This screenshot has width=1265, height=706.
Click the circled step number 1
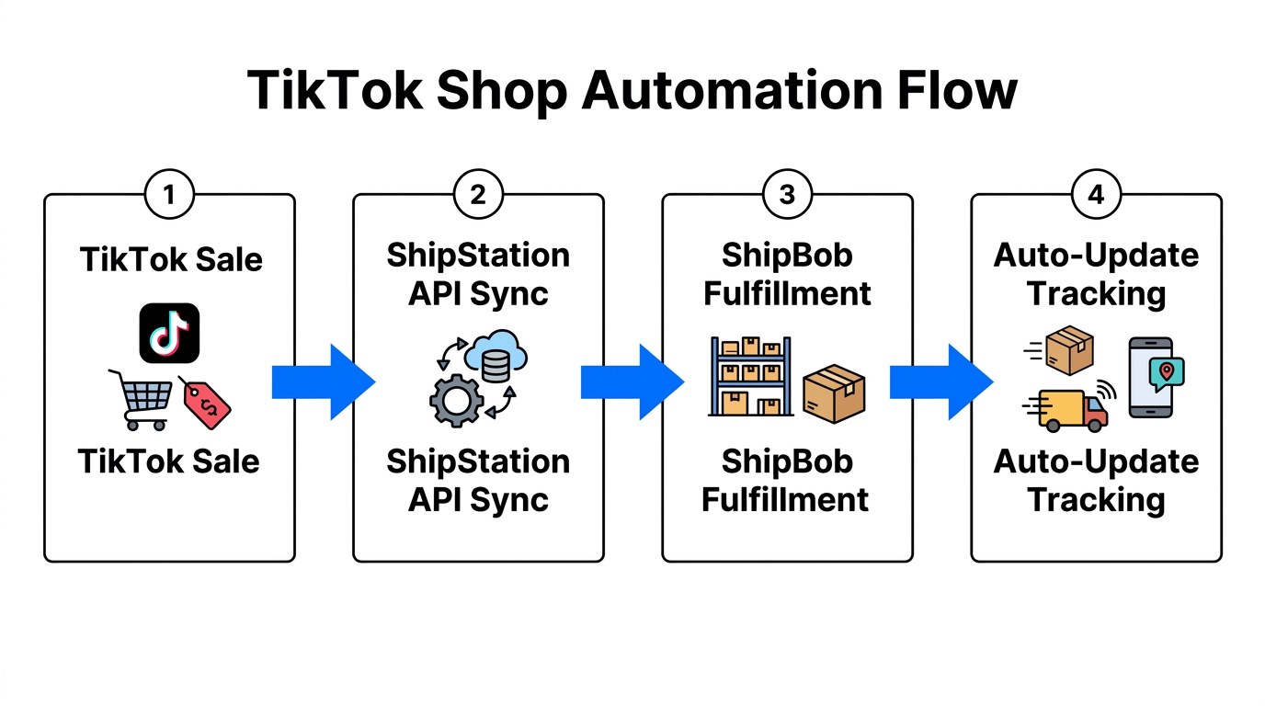[169, 195]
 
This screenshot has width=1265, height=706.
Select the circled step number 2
[478, 195]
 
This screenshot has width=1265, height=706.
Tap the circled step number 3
[787, 195]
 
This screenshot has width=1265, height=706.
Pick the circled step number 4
[1096, 195]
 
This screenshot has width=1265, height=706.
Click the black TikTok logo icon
[169, 333]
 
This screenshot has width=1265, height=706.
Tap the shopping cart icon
[142, 400]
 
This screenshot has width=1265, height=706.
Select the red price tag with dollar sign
[206, 402]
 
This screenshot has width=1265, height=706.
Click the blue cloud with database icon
[496, 357]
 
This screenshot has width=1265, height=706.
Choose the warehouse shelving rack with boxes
[750, 377]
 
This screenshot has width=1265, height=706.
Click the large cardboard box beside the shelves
[834, 393]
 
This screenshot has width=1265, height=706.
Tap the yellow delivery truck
[1070, 409]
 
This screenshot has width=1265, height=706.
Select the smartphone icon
[1149, 378]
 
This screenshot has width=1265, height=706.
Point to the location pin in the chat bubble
[1167, 371]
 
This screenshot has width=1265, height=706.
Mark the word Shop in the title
[493, 91]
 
